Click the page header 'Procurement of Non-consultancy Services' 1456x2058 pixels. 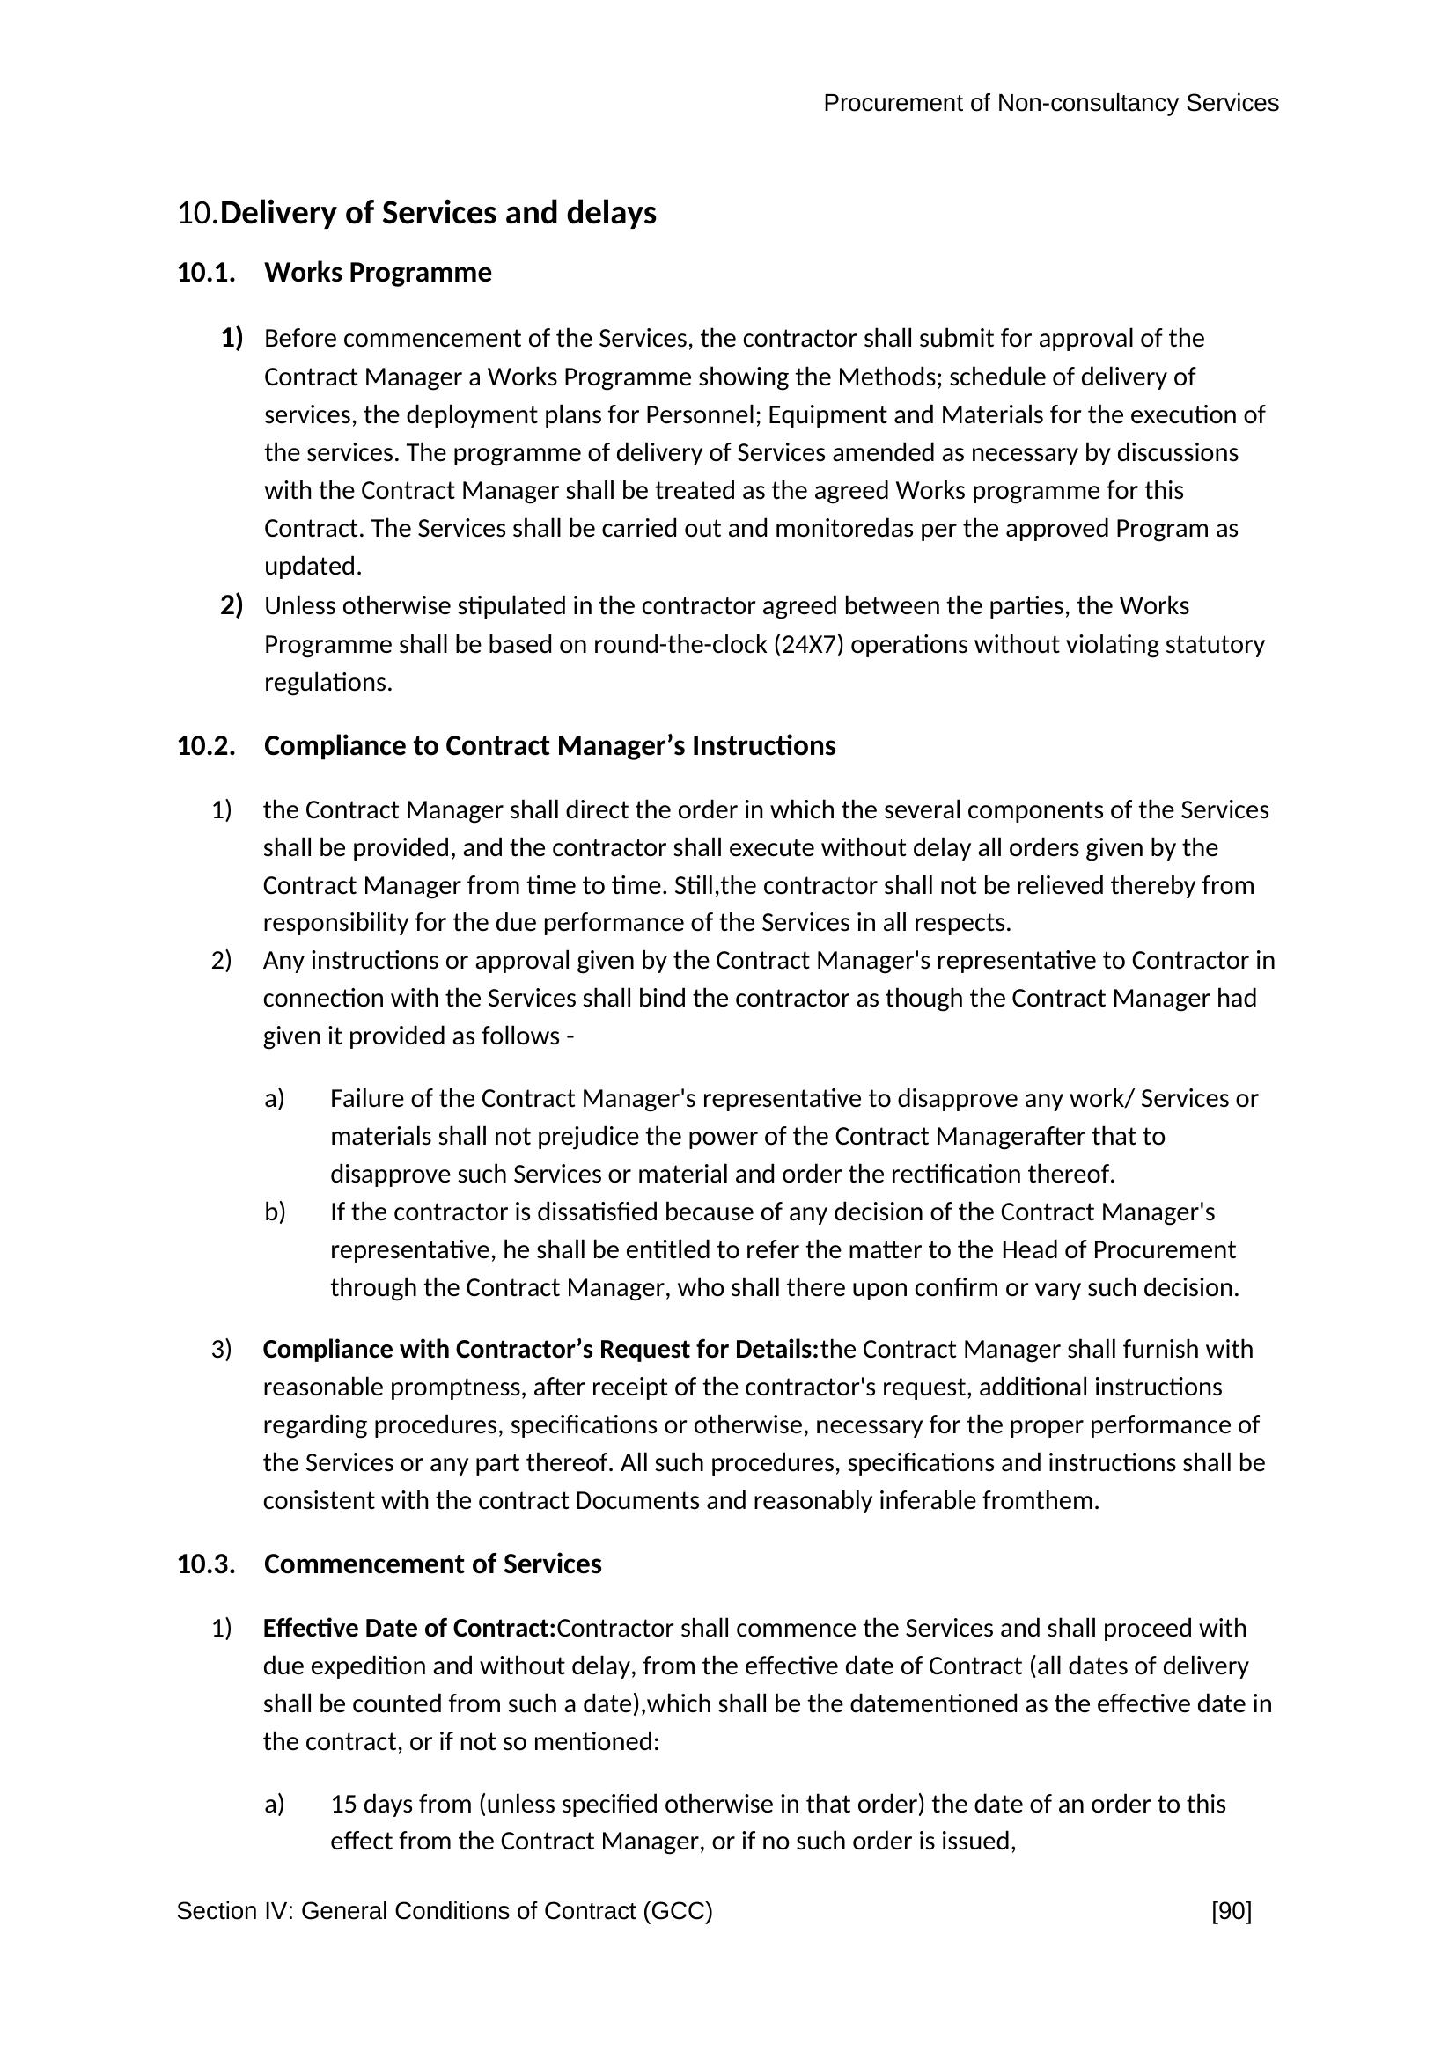(x=1050, y=104)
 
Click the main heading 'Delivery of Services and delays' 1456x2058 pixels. (x=438, y=213)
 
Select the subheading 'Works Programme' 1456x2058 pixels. (x=378, y=273)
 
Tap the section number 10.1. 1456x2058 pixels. (x=206, y=273)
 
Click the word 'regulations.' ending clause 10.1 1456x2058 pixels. (x=328, y=683)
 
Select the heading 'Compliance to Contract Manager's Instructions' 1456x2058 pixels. (x=549, y=746)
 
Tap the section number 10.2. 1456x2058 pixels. (x=206, y=746)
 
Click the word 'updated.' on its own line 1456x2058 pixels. (x=313, y=567)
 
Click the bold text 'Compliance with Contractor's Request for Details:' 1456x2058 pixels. (x=540, y=1349)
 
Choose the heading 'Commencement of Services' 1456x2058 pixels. (x=432, y=1564)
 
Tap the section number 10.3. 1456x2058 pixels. (x=206, y=1564)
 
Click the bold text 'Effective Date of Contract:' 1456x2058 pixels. (x=408, y=1628)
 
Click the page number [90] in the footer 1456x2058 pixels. (x=1231, y=1912)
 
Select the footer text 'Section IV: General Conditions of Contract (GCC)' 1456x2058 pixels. (x=444, y=1912)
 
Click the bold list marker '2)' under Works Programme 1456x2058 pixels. (x=232, y=606)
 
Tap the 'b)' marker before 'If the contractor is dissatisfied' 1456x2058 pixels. (x=275, y=1212)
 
